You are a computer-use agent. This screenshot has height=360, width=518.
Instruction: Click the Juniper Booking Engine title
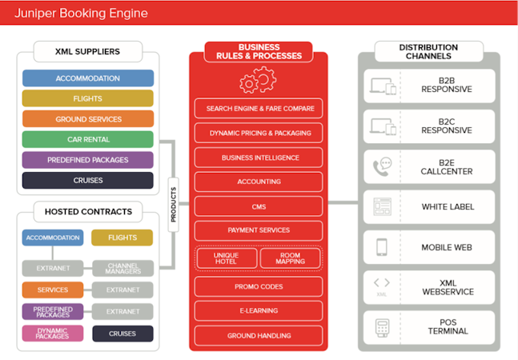coord(81,13)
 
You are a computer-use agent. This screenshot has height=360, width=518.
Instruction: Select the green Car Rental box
coord(88,139)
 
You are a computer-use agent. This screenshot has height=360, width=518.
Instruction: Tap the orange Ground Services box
coord(88,118)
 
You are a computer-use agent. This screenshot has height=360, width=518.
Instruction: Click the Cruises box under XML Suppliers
coord(88,180)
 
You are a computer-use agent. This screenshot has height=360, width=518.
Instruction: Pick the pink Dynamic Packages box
coord(53,334)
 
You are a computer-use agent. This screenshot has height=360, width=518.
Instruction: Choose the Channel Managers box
coord(122,268)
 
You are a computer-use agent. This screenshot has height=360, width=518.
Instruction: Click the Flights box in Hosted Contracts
coord(122,238)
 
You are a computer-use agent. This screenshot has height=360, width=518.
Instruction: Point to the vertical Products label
coord(174,205)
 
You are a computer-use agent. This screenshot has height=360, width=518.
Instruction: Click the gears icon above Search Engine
coord(258,80)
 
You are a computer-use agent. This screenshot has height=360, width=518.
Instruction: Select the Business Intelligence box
coord(259,158)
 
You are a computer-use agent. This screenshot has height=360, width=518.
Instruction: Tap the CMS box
coord(259,206)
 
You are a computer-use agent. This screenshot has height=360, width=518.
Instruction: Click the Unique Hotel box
coord(227,258)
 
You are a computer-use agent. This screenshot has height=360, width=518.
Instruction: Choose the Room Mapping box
coord(291,258)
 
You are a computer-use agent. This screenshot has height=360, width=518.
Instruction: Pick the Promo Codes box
coord(259,286)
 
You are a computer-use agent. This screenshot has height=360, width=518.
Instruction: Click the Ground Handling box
coord(259,335)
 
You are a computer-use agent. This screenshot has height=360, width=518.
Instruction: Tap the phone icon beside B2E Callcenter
coord(382,166)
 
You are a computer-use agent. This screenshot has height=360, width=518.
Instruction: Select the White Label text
coord(448,207)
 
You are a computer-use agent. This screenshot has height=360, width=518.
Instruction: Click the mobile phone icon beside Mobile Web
coord(382,247)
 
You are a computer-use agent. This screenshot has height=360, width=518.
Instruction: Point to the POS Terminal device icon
coord(382,328)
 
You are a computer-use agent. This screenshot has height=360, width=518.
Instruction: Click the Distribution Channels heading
coord(428,51)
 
